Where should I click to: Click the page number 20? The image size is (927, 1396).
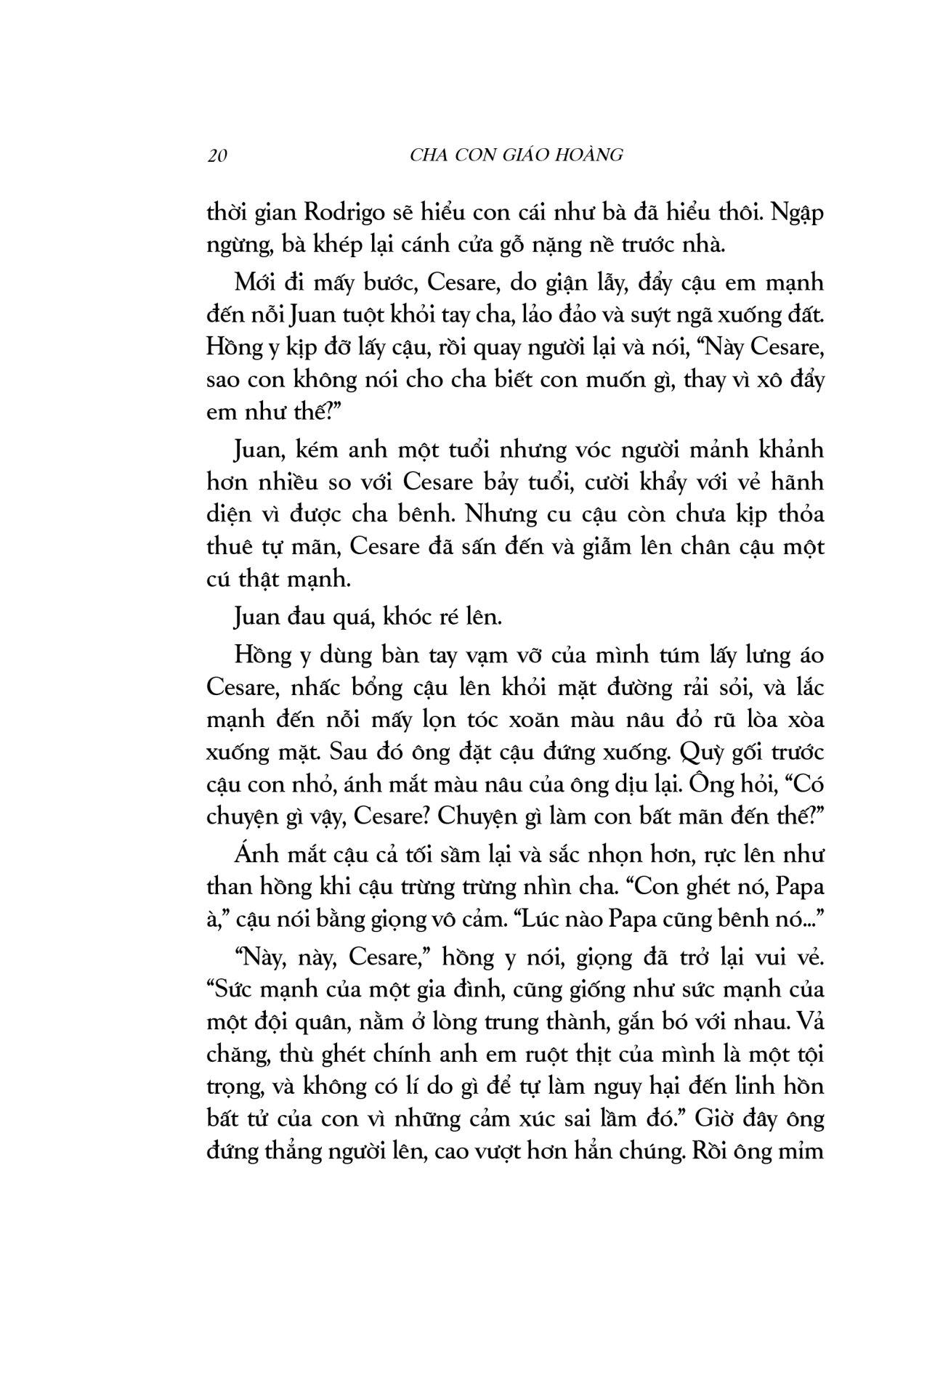click(x=217, y=155)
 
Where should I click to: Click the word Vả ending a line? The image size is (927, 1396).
click(x=811, y=1022)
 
